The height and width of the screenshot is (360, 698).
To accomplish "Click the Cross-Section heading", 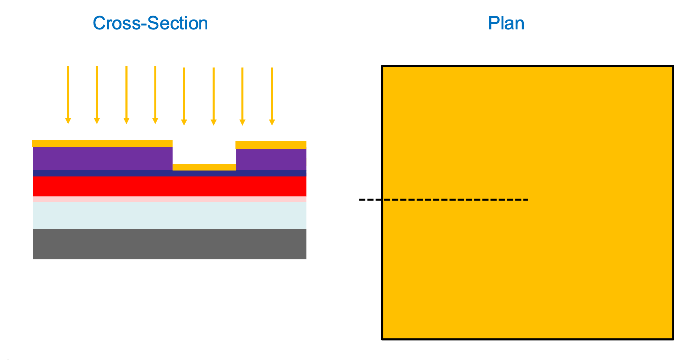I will (x=150, y=23).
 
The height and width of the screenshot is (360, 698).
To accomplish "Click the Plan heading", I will (x=506, y=23).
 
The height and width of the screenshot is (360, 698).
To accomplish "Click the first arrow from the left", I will (x=68, y=95).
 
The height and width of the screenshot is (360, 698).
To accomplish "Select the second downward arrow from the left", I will (x=97, y=95).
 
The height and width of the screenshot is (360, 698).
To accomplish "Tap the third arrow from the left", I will (x=126, y=95).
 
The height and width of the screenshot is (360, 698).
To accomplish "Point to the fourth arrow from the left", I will (x=155, y=95).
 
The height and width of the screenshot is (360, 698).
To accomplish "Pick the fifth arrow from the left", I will (x=184, y=96).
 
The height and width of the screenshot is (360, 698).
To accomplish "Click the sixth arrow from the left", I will (x=214, y=96).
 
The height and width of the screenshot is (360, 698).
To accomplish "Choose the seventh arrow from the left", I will (x=242, y=96).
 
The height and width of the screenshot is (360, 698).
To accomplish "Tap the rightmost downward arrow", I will (x=272, y=96).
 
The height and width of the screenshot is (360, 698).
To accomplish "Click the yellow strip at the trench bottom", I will (x=204, y=167).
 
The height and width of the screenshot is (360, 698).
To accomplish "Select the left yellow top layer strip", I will (x=102, y=144).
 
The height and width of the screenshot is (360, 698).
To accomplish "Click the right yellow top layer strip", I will (x=271, y=145).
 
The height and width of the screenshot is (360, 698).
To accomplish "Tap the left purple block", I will (x=102, y=158).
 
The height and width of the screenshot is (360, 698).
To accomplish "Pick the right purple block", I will (x=271, y=159).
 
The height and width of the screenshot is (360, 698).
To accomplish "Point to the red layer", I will (x=169, y=186).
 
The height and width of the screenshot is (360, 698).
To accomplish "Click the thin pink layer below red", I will (x=169, y=199).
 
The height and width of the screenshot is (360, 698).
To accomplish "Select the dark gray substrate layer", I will (x=169, y=244).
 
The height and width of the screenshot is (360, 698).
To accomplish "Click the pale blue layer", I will (x=169, y=215).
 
